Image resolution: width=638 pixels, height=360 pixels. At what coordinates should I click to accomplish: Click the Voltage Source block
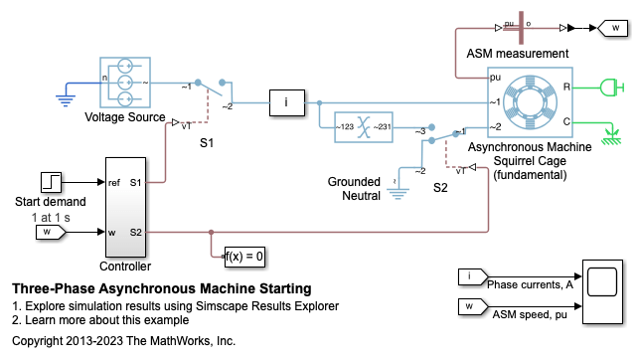(125, 83)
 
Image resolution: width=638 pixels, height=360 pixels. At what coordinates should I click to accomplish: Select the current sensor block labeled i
(287, 102)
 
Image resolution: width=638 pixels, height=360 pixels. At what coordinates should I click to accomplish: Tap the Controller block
(125, 207)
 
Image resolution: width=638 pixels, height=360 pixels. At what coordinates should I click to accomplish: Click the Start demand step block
(52, 182)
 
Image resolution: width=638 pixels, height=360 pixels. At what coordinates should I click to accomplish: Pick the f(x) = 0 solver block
(244, 257)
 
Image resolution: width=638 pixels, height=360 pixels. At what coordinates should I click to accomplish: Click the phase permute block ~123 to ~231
(364, 127)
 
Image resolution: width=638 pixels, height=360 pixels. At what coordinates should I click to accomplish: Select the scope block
(602, 291)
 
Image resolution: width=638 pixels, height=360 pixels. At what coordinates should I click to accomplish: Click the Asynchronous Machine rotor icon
(530, 101)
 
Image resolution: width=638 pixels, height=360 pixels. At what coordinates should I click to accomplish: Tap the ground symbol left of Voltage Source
(66, 99)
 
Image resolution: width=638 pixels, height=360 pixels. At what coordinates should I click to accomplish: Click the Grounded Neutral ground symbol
(398, 192)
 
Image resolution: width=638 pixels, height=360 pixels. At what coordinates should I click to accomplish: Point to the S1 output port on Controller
(135, 182)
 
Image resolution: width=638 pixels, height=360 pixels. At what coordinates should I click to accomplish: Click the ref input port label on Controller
(114, 182)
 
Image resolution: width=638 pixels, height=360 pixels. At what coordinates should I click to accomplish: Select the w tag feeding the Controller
(51, 232)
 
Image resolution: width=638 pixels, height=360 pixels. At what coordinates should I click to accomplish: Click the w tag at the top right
(613, 28)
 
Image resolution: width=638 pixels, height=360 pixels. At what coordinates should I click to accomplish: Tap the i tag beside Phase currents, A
(473, 276)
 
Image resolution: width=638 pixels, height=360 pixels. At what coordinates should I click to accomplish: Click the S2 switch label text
(440, 187)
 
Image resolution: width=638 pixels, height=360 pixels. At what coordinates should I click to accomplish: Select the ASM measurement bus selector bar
(521, 28)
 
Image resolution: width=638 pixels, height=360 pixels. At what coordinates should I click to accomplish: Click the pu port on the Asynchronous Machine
(495, 77)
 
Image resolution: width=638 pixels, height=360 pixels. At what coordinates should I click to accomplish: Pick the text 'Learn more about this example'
(107, 320)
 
